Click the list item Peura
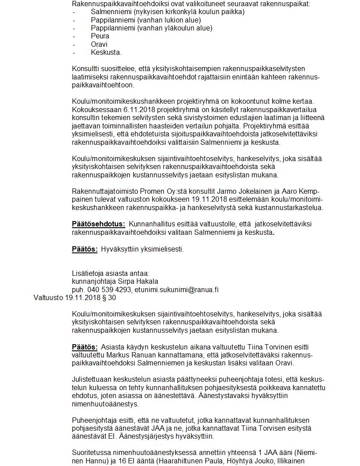100,36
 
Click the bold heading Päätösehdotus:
98,224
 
